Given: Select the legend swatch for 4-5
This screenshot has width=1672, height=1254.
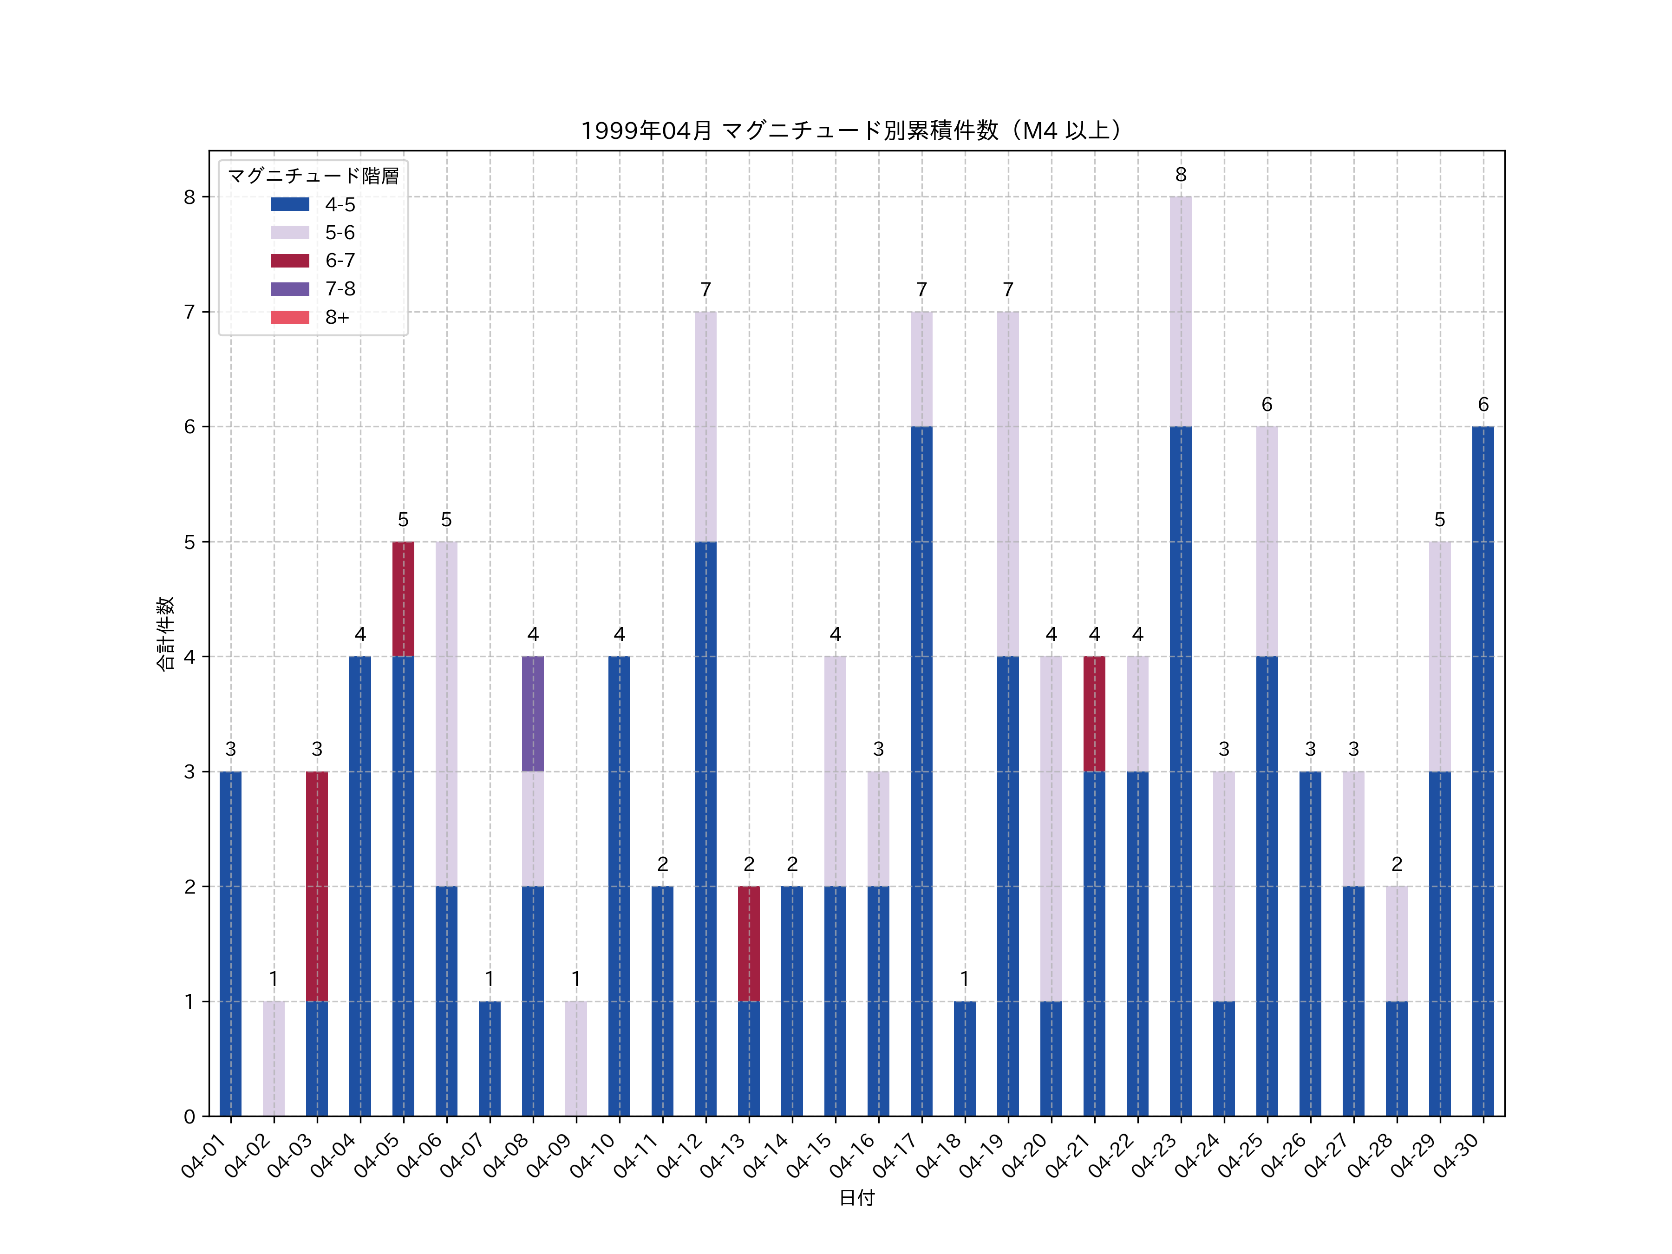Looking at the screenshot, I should point(289,204).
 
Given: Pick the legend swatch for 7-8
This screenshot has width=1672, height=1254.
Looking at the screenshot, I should point(289,289).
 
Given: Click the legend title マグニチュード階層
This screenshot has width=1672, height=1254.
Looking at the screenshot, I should point(313,176).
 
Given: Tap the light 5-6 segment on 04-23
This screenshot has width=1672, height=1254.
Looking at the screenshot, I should point(1180,312).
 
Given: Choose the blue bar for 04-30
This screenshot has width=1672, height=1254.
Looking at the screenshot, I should point(1483,771).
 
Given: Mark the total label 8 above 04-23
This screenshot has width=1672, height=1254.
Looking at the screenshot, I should point(1181,175).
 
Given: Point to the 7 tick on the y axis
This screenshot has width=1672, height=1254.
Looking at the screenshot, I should point(189,312).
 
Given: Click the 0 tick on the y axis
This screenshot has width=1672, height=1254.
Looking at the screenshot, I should point(189,1117).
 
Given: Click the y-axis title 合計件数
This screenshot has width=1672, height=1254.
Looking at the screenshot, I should point(165,634).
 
